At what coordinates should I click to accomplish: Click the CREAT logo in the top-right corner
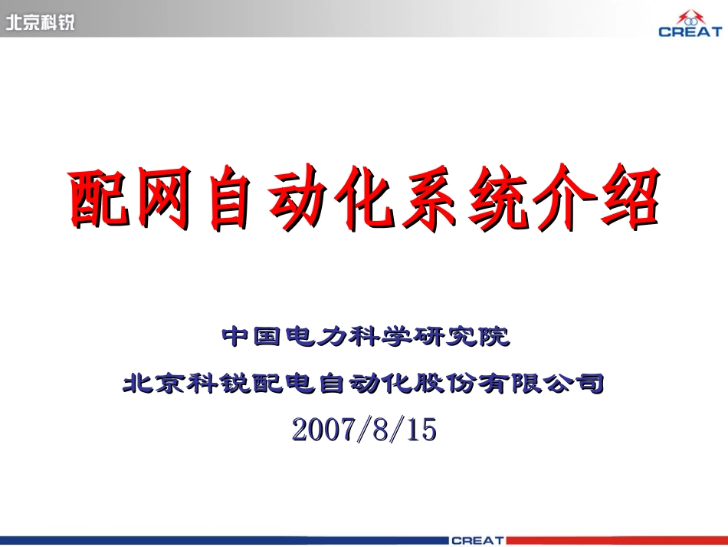coord(690,23)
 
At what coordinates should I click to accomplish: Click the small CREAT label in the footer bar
coord(477,540)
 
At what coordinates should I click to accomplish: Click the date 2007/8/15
coord(364,430)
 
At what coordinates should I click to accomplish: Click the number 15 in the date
coord(422,430)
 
